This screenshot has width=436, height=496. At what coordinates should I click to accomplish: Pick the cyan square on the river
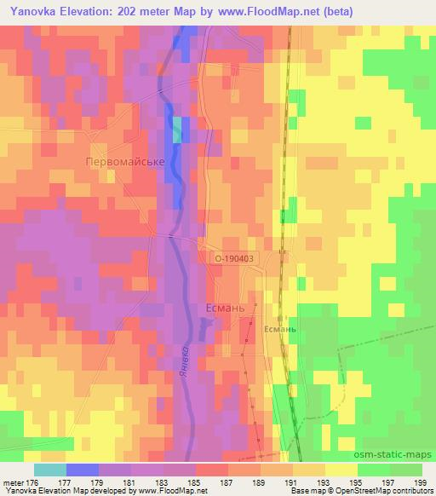click(x=178, y=130)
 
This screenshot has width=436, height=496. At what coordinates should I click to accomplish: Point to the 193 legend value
click(x=324, y=482)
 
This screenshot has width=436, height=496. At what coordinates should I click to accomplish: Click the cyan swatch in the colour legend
click(x=49, y=470)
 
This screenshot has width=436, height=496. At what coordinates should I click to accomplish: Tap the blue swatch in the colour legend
click(x=82, y=470)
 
